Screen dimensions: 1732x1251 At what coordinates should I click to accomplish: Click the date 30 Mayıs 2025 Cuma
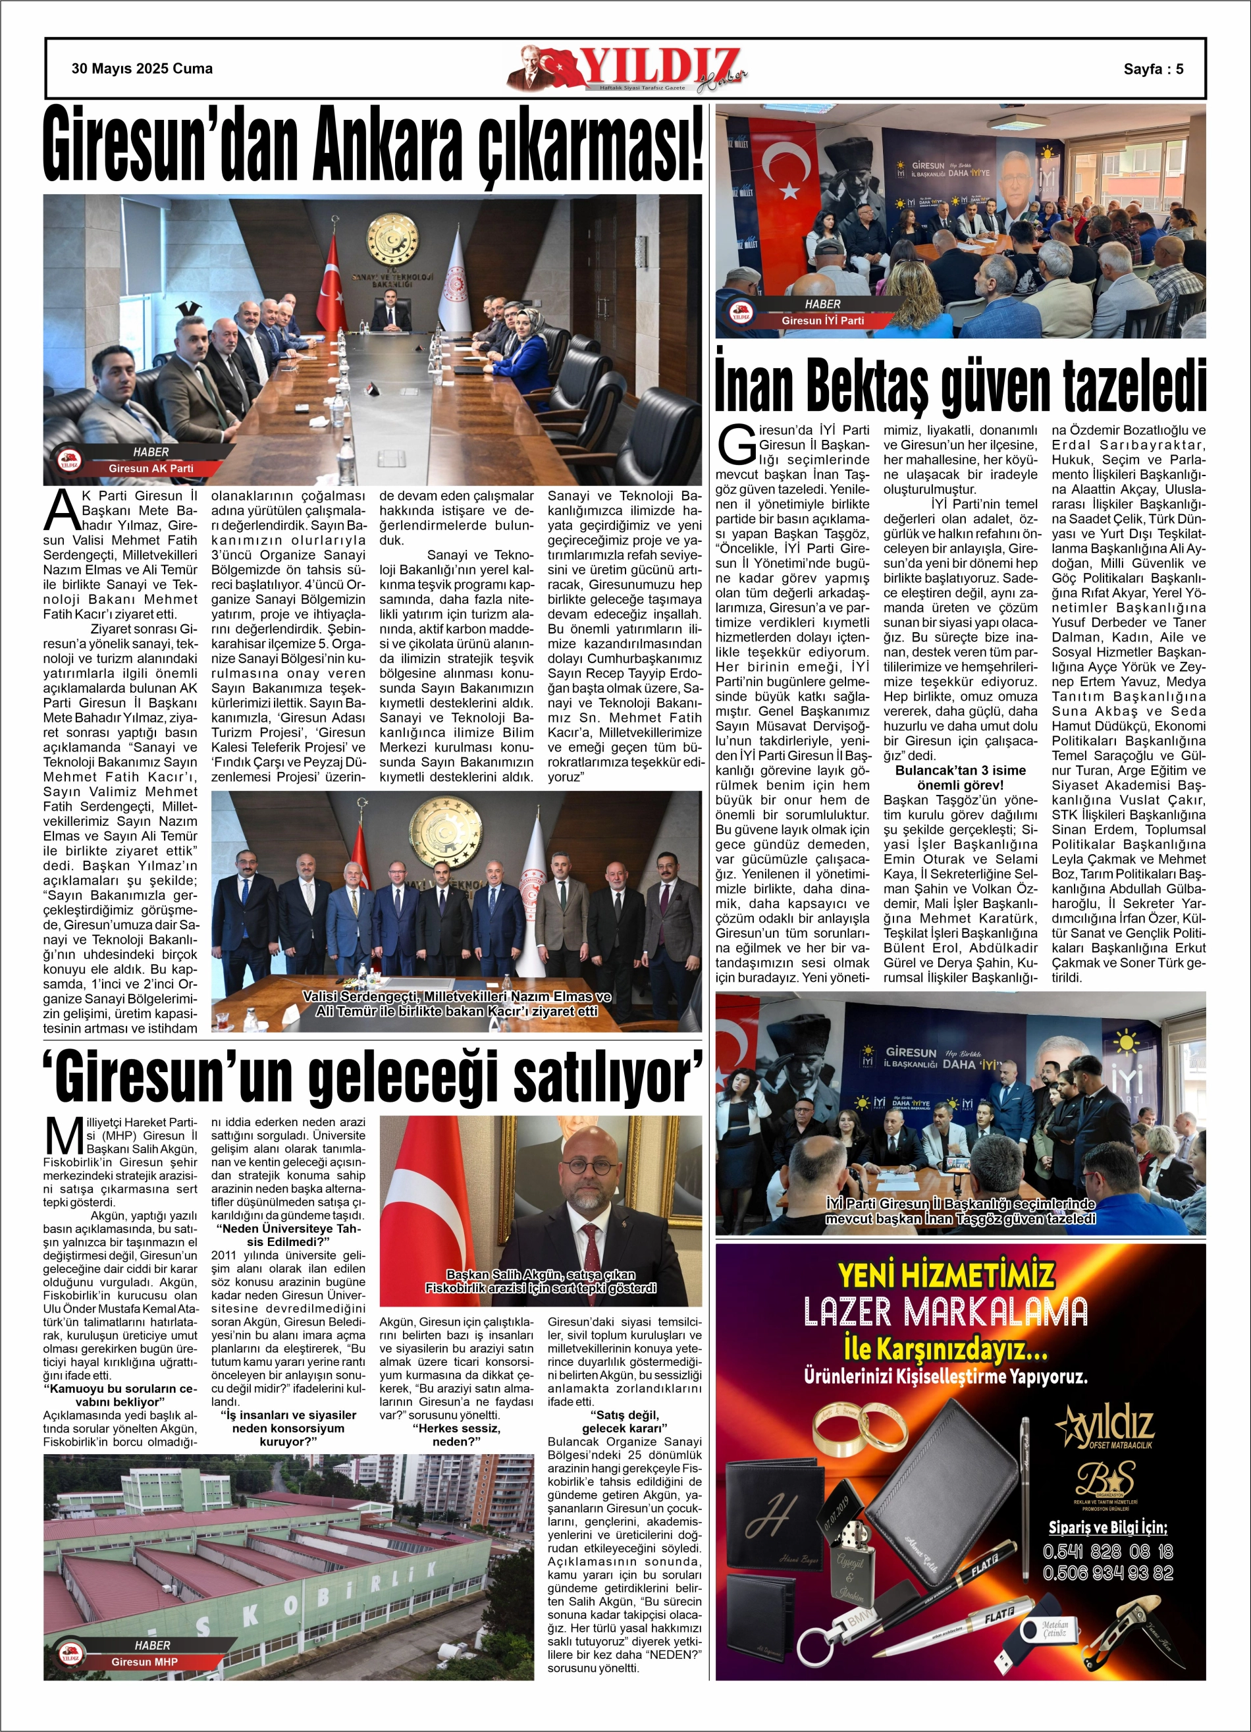tap(142, 68)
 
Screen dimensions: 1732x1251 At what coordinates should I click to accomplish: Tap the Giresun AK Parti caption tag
tap(151, 468)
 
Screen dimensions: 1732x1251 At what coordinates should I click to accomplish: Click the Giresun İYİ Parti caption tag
tap(822, 321)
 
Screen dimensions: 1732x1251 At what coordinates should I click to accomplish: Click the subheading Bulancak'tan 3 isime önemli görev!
tap(960, 777)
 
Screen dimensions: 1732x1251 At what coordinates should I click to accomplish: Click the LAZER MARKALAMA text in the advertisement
tap(945, 1311)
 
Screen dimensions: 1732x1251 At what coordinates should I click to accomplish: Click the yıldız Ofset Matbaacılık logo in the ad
tap(1104, 1428)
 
